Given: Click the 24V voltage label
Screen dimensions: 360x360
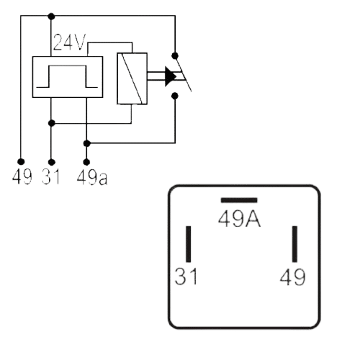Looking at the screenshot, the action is pyautogui.click(x=69, y=42).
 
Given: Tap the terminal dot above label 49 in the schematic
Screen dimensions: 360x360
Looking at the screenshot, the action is pyautogui.click(x=21, y=161).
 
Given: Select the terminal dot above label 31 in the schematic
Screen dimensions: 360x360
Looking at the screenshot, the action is pyautogui.click(x=51, y=162).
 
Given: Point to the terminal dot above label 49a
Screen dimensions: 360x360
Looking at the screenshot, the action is pyautogui.click(x=86, y=162).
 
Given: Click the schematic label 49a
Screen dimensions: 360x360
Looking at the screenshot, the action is pyautogui.click(x=92, y=177).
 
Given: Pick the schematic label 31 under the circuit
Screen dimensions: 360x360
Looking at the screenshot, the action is pyautogui.click(x=51, y=176).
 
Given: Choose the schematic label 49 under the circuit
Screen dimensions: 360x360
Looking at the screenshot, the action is pyautogui.click(x=22, y=176).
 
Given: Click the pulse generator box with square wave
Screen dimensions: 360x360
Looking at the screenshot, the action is pyautogui.click(x=68, y=77).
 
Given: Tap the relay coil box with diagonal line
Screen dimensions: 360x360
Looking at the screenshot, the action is pyautogui.click(x=132, y=78).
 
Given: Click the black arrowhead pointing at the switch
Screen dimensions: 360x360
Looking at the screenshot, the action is pyautogui.click(x=171, y=76).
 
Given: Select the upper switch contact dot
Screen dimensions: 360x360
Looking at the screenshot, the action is pyautogui.click(x=175, y=55).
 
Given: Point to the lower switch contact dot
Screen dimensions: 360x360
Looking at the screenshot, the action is pyautogui.click(x=175, y=96).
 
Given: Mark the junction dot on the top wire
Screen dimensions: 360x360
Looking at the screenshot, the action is pyautogui.click(x=51, y=17).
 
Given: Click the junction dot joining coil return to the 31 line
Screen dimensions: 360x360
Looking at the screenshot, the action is pyautogui.click(x=52, y=123).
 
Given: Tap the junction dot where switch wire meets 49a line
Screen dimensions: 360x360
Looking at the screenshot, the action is pyautogui.click(x=86, y=143).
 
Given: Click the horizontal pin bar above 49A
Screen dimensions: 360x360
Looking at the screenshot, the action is pyautogui.click(x=239, y=200).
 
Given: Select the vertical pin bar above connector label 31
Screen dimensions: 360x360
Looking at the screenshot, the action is pyautogui.click(x=189, y=244).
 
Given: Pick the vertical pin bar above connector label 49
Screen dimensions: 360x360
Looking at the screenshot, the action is pyautogui.click(x=294, y=244).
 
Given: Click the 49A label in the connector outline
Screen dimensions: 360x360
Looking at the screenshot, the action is pyautogui.click(x=239, y=219).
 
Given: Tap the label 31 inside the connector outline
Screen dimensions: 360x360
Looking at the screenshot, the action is pyautogui.click(x=186, y=276).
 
